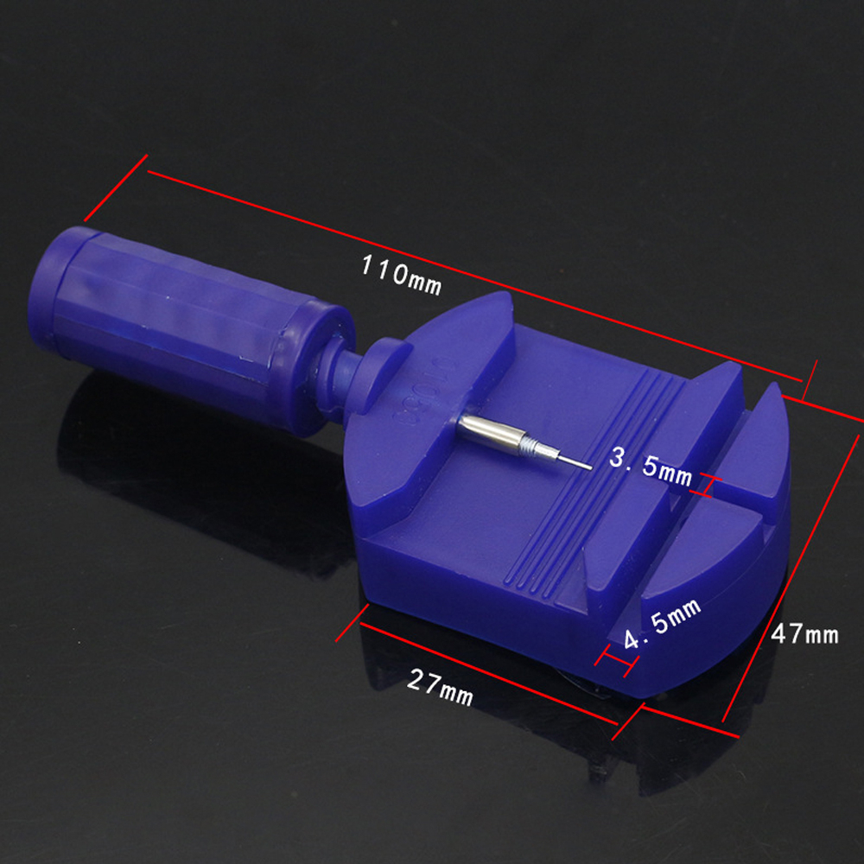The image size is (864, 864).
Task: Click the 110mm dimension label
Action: click(401, 275)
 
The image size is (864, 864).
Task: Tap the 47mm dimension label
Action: click(804, 633)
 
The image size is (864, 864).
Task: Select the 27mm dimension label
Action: click(440, 687)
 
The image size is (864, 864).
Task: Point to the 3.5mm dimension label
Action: click(651, 467)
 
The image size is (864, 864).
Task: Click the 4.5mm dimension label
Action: click(662, 623)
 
